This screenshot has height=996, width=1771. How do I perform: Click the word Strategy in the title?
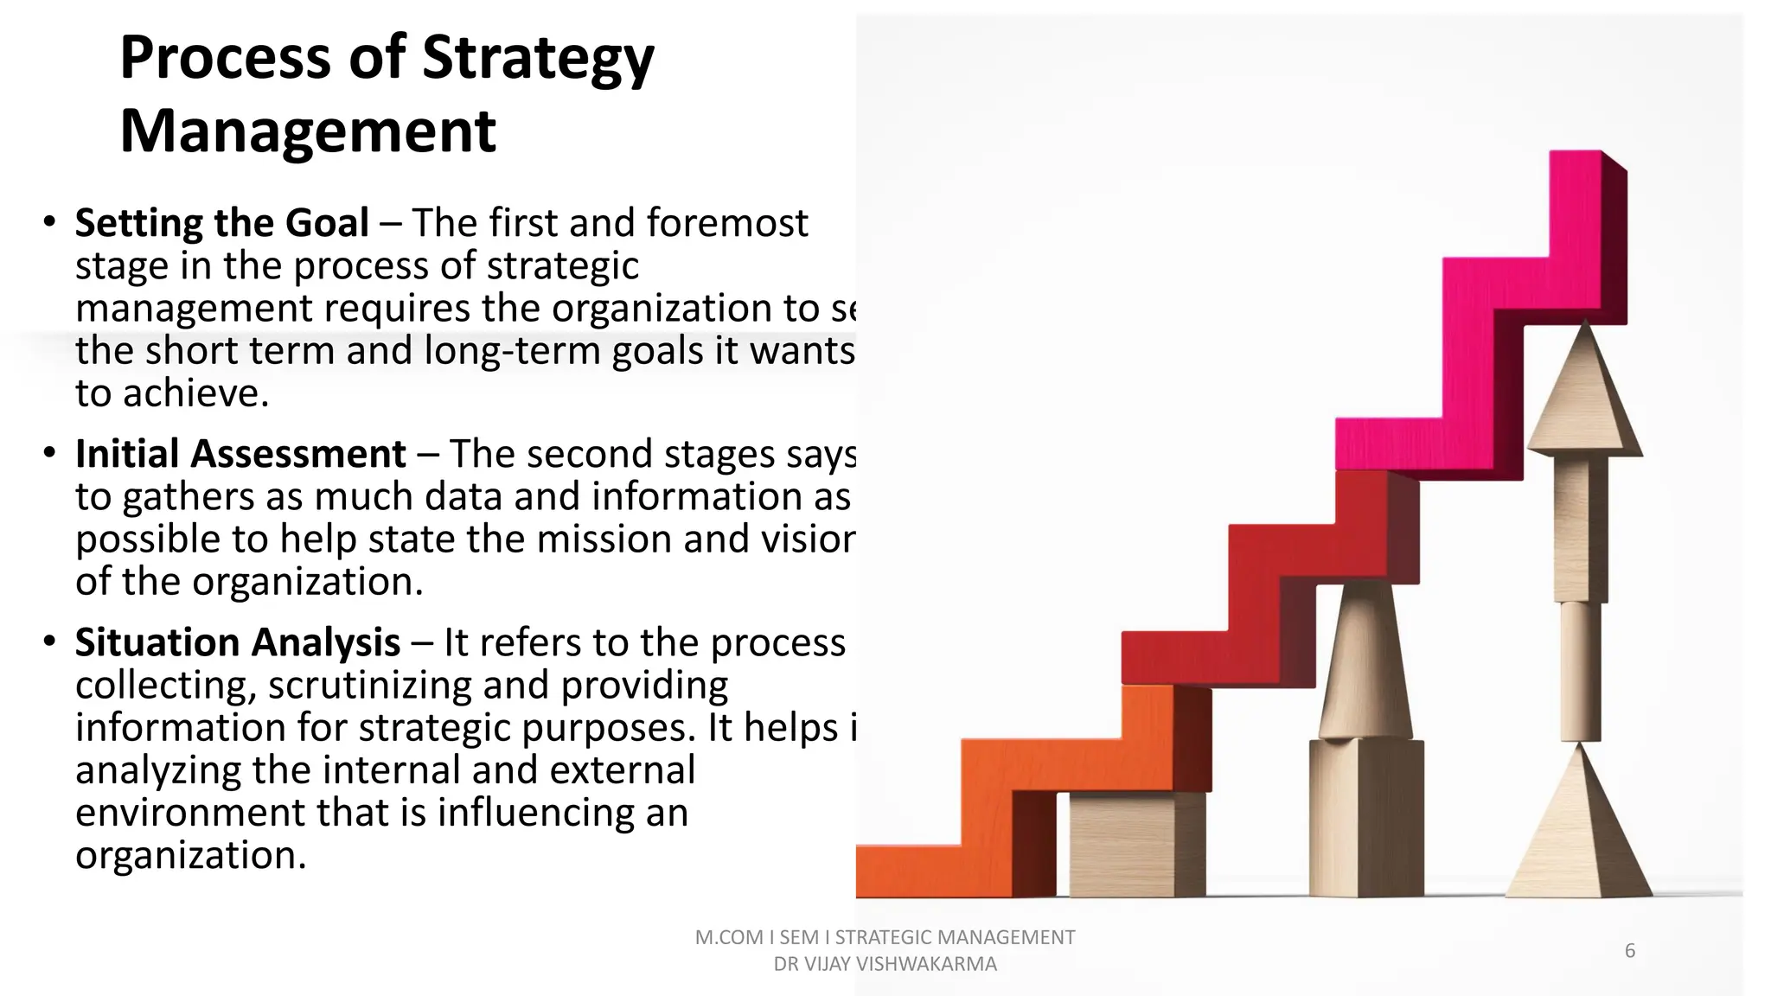pyautogui.click(x=538, y=59)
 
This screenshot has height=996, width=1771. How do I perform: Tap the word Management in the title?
pyautogui.click(x=308, y=131)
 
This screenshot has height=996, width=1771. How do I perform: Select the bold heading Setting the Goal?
pyautogui.click(x=222, y=223)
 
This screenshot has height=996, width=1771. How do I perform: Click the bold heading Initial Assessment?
pyautogui.click(x=240, y=454)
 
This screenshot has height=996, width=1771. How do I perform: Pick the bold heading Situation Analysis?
pyautogui.click(x=238, y=642)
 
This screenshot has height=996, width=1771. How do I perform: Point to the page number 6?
pyautogui.click(x=1629, y=951)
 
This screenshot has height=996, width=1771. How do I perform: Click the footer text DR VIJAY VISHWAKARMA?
pyautogui.click(x=885, y=964)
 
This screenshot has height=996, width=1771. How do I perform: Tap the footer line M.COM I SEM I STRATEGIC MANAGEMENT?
pyautogui.click(x=885, y=937)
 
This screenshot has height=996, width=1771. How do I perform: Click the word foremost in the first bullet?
pyautogui.click(x=727, y=223)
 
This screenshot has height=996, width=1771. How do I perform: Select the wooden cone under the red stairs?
pyautogui.click(x=1366, y=666)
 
